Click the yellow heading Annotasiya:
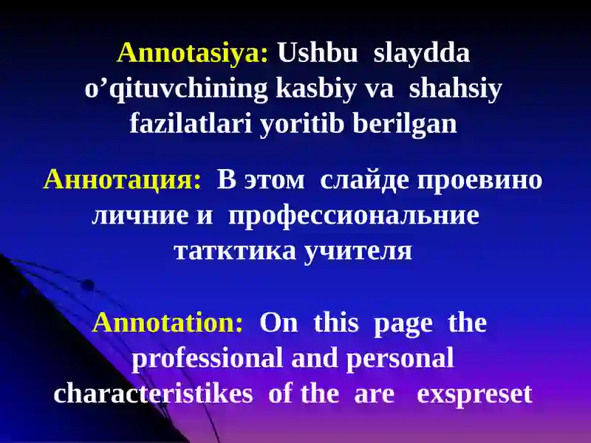click(x=193, y=52)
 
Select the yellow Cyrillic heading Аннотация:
click(x=123, y=179)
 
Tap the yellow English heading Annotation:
click(x=168, y=323)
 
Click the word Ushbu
click(x=318, y=52)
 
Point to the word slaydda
click(x=421, y=52)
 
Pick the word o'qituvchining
click(x=177, y=89)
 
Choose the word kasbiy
click(x=316, y=89)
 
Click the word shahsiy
click(x=456, y=89)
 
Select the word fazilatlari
click(x=191, y=123)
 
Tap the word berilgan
click(x=405, y=124)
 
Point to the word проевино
click(x=479, y=181)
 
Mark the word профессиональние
click(x=354, y=216)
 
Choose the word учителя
click(x=358, y=251)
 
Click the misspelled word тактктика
click(x=236, y=252)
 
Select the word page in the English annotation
click(x=403, y=324)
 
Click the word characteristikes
click(x=153, y=394)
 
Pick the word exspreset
click(x=474, y=395)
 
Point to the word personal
click(x=400, y=359)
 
